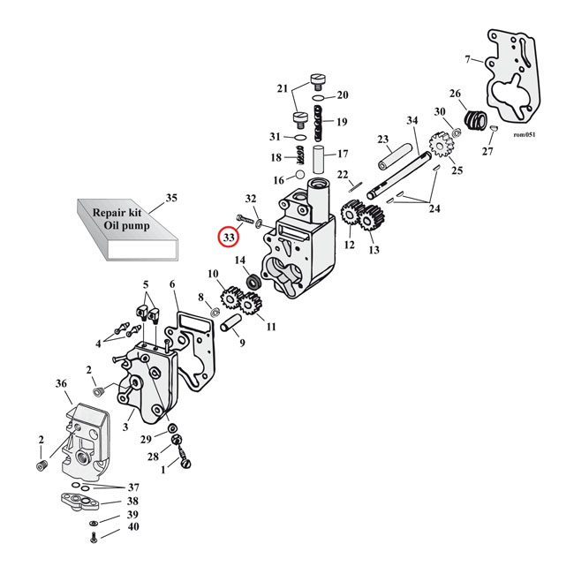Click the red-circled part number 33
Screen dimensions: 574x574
229,238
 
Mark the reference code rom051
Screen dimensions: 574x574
524,135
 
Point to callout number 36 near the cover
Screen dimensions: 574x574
61,383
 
